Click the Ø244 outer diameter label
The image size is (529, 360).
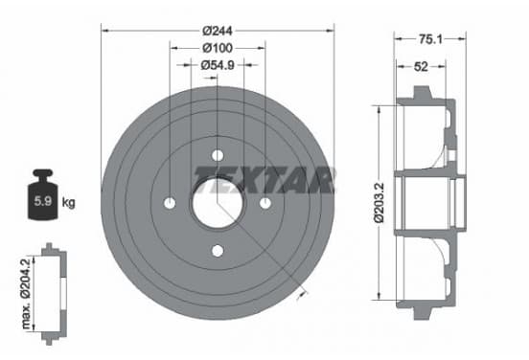coord(218,31)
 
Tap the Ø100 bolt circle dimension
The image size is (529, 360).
coord(218,48)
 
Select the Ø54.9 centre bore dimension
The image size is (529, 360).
coord(218,65)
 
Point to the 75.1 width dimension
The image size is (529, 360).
coord(430,39)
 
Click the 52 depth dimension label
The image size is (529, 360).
coord(421,67)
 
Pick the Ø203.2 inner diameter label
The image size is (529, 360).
coord(379,202)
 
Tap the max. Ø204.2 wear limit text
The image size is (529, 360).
coord(26,293)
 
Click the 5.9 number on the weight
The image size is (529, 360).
coord(43,201)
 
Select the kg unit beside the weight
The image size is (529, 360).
coord(68,203)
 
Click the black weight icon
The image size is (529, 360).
coord(43,194)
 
